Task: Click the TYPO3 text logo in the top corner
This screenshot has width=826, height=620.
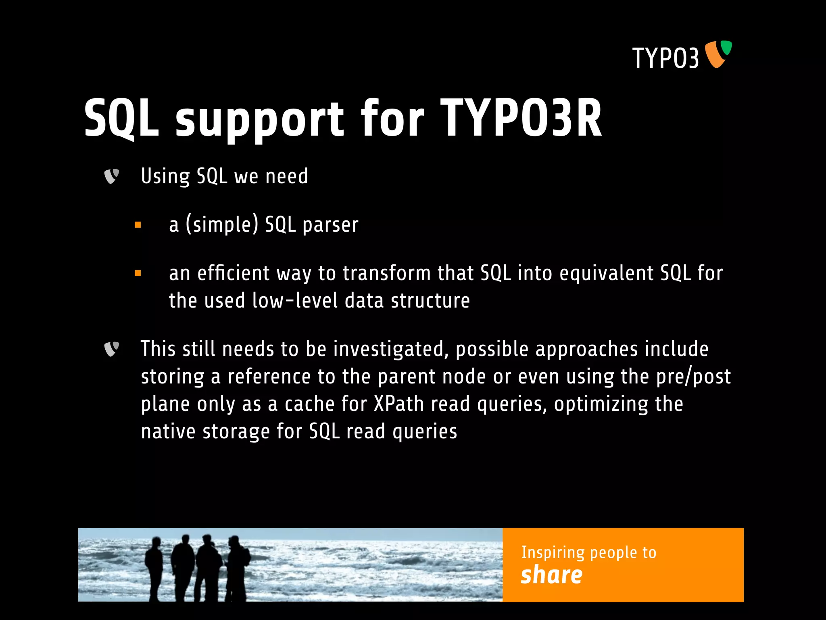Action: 665,58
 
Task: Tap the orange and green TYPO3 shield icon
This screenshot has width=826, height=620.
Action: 718,54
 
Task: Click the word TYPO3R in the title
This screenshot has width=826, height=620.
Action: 521,118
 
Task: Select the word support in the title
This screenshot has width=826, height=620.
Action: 259,120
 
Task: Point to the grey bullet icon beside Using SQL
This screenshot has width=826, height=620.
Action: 111,176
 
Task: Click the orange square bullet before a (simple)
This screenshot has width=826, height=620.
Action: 138,225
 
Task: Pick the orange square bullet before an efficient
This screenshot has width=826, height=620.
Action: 138,273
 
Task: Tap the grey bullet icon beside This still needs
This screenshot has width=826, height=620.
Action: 111,349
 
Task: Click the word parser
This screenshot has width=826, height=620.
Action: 330,225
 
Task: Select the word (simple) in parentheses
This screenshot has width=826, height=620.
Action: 221,225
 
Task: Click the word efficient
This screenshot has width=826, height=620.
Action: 233,273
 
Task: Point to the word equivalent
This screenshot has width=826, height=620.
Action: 606,273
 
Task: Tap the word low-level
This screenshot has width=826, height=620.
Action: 295,301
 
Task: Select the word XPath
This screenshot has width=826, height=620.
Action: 398,404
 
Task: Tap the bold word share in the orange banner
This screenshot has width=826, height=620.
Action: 551,575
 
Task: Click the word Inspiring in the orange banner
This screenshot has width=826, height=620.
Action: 553,553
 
